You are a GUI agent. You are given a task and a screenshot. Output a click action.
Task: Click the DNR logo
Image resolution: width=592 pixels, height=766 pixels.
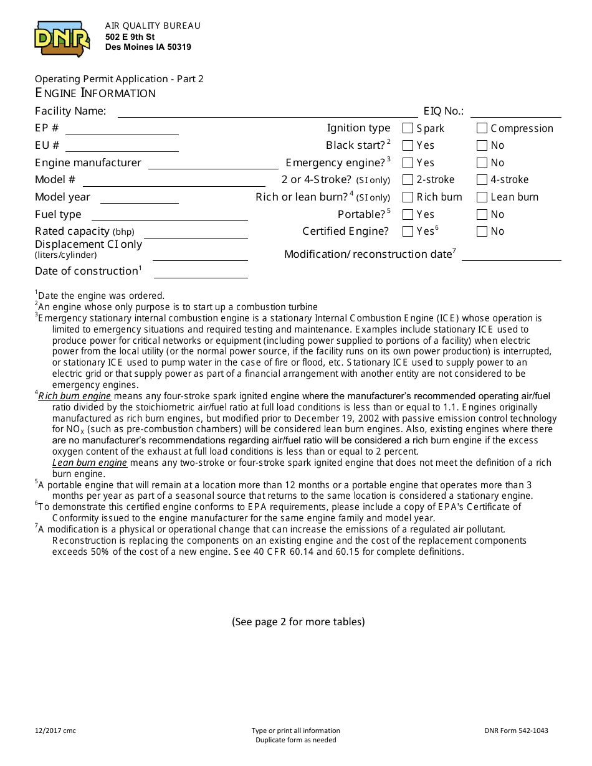coord(62,39)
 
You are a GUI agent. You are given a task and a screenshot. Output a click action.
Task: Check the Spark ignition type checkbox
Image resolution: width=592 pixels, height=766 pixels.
coord(408,128)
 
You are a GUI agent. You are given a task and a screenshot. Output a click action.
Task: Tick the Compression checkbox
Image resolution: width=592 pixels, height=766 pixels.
coord(482,128)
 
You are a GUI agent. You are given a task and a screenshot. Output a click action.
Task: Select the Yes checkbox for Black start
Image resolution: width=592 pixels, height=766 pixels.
coord(408,146)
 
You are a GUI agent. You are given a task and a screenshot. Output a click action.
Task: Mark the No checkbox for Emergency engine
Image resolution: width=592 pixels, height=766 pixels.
coord(482,163)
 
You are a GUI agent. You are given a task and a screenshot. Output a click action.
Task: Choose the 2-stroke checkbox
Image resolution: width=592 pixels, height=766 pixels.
coord(408,180)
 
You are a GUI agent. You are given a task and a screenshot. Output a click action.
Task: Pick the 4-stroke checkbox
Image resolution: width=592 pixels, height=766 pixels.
coord(482,180)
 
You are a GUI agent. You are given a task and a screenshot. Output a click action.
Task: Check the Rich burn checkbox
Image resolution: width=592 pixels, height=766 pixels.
coord(408,197)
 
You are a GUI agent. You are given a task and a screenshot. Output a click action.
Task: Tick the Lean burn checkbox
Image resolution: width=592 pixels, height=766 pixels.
coord(482,197)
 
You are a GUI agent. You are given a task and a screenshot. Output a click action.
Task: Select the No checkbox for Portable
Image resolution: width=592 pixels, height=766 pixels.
coord(482,215)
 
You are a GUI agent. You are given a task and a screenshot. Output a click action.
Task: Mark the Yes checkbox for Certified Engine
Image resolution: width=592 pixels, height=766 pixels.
coord(408,232)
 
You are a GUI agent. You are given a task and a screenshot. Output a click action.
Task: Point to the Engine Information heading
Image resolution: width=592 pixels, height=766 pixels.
coord(95,93)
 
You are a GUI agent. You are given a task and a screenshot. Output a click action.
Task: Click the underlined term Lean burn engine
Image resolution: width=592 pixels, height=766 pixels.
coord(90,463)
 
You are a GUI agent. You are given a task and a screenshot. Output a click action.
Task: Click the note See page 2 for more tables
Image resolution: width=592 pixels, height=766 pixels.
coord(298,622)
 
